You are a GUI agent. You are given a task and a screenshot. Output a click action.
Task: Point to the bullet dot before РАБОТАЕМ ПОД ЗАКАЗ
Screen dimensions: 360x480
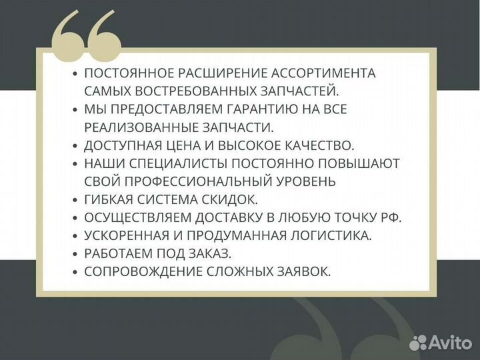click(x=75, y=254)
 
